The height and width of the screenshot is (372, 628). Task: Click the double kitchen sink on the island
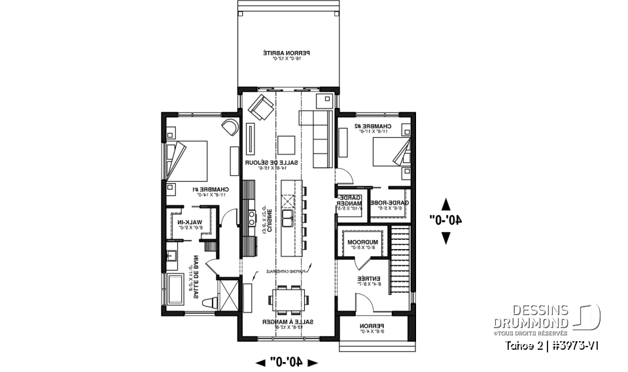(288, 216)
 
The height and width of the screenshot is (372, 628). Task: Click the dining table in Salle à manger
(288, 300)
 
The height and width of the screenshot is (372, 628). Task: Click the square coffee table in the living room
(287, 143)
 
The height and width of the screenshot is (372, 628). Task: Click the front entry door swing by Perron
(364, 303)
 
